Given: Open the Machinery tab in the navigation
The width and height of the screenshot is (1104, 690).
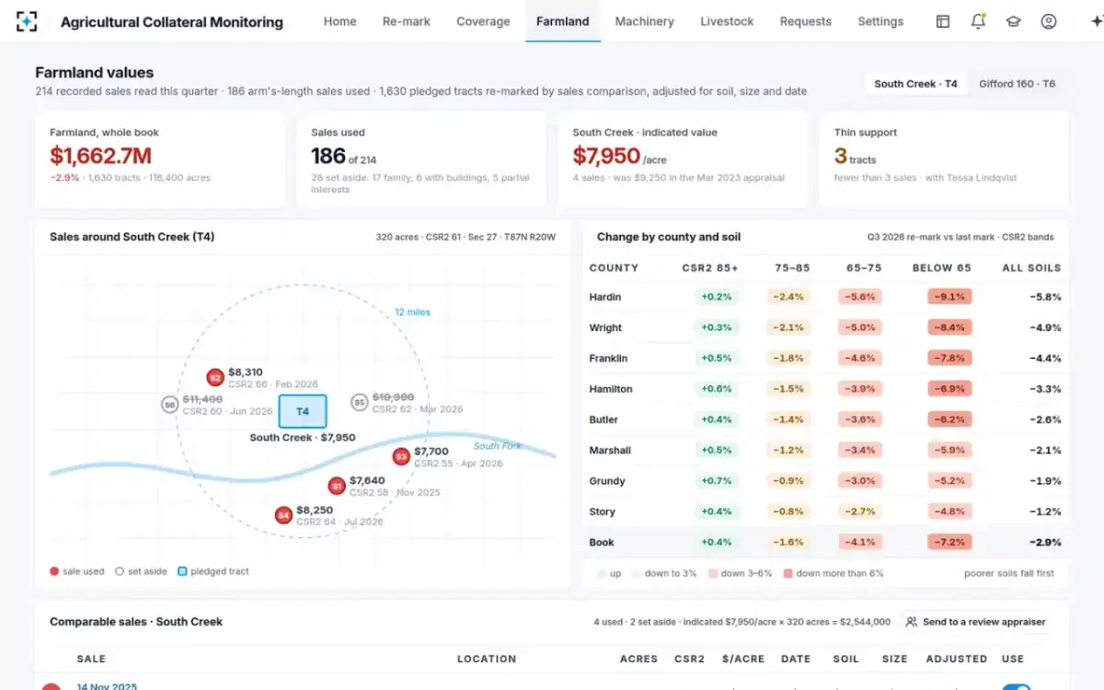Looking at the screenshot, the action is point(644,21).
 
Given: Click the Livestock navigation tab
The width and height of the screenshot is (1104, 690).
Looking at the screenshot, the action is point(727,21).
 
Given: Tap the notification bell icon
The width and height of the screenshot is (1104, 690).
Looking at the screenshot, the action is point(978,21).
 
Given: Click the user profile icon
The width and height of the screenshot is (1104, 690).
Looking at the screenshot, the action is point(1048,21).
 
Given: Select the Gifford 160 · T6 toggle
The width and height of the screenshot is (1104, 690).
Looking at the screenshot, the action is point(1017,84).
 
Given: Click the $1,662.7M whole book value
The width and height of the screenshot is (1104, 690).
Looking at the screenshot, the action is point(100,155).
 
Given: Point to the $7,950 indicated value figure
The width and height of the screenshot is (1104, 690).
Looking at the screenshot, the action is point(606,155).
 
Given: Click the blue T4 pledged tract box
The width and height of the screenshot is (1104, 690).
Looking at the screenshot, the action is point(303,411).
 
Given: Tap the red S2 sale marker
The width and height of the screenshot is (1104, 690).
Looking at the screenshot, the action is point(215,377).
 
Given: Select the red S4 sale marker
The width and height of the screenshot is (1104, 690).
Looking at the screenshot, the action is point(283,515).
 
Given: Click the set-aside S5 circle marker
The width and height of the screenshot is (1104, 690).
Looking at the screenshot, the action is point(360,403).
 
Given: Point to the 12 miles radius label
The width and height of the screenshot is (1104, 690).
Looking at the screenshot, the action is point(412,312).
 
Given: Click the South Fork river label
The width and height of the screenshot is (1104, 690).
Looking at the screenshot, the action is point(497,445).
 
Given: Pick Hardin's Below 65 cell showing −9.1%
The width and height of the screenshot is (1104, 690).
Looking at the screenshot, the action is point(949,296).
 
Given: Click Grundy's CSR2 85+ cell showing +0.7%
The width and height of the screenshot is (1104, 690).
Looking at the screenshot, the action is point(716,480).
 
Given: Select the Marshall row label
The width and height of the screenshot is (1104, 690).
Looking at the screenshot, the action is point(610,450).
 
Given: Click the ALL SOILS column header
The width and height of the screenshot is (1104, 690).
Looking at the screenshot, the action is point(1031,268).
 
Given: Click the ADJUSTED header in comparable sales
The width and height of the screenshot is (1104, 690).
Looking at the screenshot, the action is point(956,659).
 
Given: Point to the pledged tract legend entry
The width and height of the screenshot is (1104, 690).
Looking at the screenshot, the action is point(213,571).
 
